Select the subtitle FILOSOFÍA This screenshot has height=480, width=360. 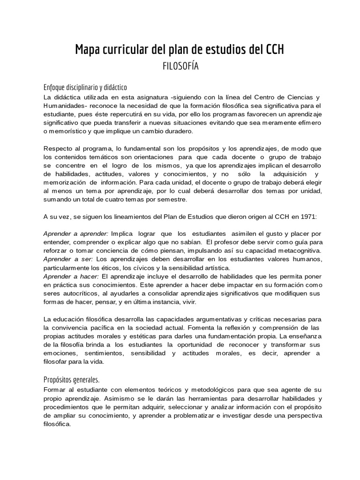(180, 66)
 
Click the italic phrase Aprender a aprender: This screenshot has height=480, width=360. (75, 233)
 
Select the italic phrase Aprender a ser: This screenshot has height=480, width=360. (68, 259)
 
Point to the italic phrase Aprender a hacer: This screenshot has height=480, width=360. (71, 276)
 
